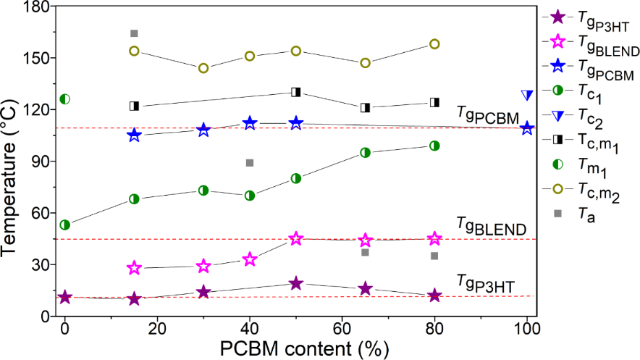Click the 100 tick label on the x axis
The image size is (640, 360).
pos(527,328)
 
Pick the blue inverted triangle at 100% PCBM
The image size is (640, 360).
pos(527,95)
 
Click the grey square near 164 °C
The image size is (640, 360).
pos(134,33)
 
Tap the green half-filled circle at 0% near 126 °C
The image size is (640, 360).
pos(64,99)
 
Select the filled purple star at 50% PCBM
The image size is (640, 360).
pos(296,283)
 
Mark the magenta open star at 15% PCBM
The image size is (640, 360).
pos(134,268)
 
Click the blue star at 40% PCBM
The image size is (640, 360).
pos(250,123)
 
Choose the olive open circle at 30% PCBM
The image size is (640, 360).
pos(203,68)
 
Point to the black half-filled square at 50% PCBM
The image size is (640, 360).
pos(296,92)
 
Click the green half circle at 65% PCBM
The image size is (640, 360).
pos(366,152)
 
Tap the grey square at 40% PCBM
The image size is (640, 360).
pos(250,163)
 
